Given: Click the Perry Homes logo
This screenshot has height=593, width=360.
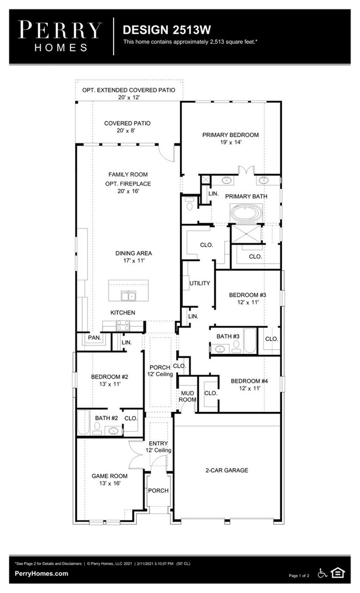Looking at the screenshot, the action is pyautogui.click(x=60, y=37).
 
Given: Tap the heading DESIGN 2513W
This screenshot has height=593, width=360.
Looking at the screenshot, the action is pyautogui.click(x=167, y=30).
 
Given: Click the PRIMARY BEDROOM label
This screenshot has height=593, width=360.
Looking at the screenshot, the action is pyautogui.click(x=230, y=135).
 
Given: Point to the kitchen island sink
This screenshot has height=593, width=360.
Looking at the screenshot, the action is pyautogui.click(x=128, y=295).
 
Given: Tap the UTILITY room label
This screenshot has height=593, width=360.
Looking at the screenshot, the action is pyautogui.click(x=200, y=283).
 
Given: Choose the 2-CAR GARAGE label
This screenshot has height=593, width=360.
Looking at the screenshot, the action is pyautogui.click(x=227, y=470).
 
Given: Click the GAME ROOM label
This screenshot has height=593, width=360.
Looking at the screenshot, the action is pyautogui.click(x=110, y=476).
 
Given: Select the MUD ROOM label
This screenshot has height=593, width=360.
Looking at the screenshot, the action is pyautogui.click(x=188, y=396).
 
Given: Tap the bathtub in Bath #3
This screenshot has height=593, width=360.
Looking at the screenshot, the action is pyautogui.click(x=250, y=341).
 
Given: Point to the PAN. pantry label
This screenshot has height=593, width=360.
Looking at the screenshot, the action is pyautogui.click(x=95, y=338).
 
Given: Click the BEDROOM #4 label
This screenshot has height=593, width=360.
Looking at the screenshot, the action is pyautogui.click(x=250, y=381).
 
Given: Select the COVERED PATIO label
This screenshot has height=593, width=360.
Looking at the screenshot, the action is pyautogui.click(x=127, y=123).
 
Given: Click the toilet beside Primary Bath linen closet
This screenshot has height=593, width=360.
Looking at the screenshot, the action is pyautogui.click(x=189, y=203).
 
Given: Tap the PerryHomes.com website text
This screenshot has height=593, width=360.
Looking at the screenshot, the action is pyautogui.click(x=42, y=573).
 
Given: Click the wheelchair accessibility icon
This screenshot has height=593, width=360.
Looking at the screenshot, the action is pyautogui.click(x=322, y=573).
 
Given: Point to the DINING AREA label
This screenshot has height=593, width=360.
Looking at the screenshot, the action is pyautogui.click(x=134, y=253).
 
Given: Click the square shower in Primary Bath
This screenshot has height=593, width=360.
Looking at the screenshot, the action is pyautogui.click(x=246, y=234).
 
